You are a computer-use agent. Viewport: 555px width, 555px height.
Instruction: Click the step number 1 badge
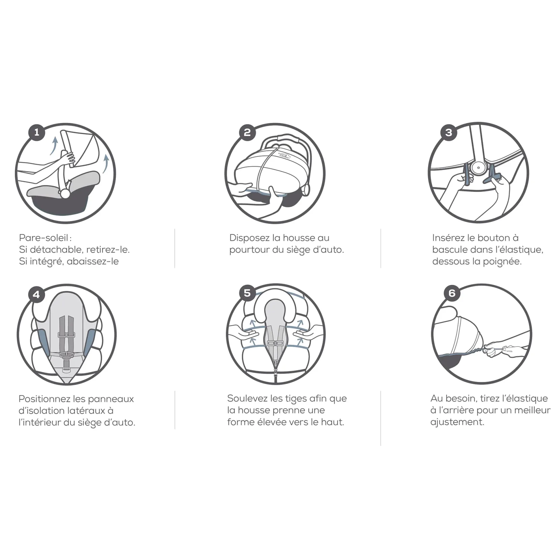click(36, 132)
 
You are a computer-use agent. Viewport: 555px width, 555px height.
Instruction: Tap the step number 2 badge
click(247, 132)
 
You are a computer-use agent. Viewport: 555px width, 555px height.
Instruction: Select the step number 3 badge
click(448, 132)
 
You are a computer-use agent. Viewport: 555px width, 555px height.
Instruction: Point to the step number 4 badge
click(36, 295)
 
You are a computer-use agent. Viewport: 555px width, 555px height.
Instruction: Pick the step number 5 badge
click(247, 293)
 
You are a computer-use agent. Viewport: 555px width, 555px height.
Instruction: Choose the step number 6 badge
click(452, 293)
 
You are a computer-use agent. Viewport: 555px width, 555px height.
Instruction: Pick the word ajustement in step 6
click(457, 422)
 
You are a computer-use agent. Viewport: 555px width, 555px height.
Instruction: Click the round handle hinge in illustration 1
click(64, 193)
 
